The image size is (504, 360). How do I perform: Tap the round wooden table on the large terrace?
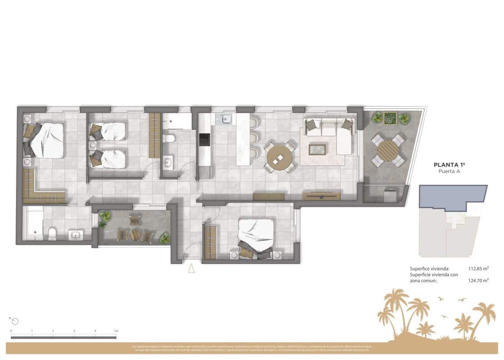pyautogui.click(x=387, y=150)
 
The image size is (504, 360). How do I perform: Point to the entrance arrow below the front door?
pyautogui.click(x=191, y=269)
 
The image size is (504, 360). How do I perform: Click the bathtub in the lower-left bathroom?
pyautogui.click(x=32, y=223)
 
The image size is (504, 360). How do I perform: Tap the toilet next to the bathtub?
pyautogui.click(x=52, y=233)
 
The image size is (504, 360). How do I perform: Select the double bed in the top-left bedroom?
pyautogui.click(x=45, y=140)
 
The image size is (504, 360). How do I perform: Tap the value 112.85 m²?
pyautogui.click(x=479, y=269)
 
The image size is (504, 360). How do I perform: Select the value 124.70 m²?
pyautogui.click(x=479, y=280)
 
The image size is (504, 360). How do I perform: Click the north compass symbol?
pyautogui.click(x=15, y=321)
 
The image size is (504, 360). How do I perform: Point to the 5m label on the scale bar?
pyautogui.click(x=116, y=331)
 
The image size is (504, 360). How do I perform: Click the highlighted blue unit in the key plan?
pyautogui.click(x=452, y=196)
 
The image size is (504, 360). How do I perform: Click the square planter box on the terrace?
pyautogui.click(x=390, y=118)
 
